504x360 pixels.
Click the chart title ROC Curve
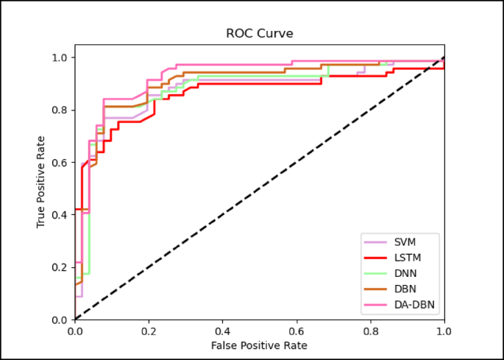259,34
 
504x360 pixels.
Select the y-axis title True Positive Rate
41,181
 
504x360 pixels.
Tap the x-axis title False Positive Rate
259,345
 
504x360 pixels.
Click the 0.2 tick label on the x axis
149,331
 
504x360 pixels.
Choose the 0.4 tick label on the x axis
222,331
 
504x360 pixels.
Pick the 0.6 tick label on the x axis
297,331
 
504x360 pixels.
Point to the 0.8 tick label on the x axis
370,331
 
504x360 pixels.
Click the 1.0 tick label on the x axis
444,331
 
